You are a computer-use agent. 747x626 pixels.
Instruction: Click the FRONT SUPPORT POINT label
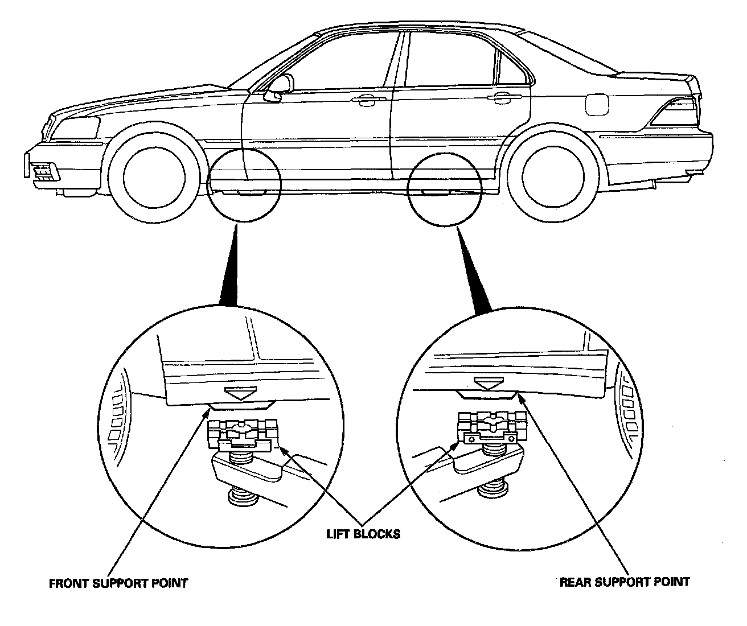coord(118,583)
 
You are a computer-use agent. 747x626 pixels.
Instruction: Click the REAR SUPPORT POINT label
coord(625,582)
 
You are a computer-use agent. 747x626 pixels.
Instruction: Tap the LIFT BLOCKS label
coord(363,534)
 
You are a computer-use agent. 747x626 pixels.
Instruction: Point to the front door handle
coord(364,101)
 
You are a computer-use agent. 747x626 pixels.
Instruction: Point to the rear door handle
coord(499,98)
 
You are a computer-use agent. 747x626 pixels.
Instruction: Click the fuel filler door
coord(597,105)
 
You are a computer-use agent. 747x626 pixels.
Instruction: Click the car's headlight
coord(75,128)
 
